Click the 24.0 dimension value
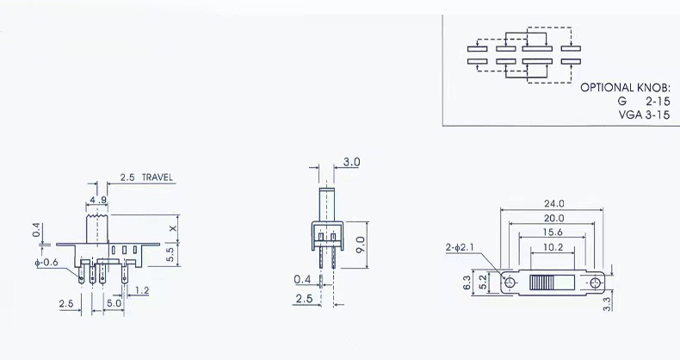(x=553, y=203)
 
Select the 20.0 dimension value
(x=553, y=218)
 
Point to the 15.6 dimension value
(x=553, y=233)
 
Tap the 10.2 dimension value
(x=553, y=248)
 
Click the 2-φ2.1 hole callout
(x=460, y=248)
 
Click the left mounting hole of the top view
(x=510, y=282)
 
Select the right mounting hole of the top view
(x=595, y=283)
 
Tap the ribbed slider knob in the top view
(x=541, y=283)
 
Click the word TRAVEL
(x=157, y=177)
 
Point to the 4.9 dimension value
(x=97, y=201)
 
